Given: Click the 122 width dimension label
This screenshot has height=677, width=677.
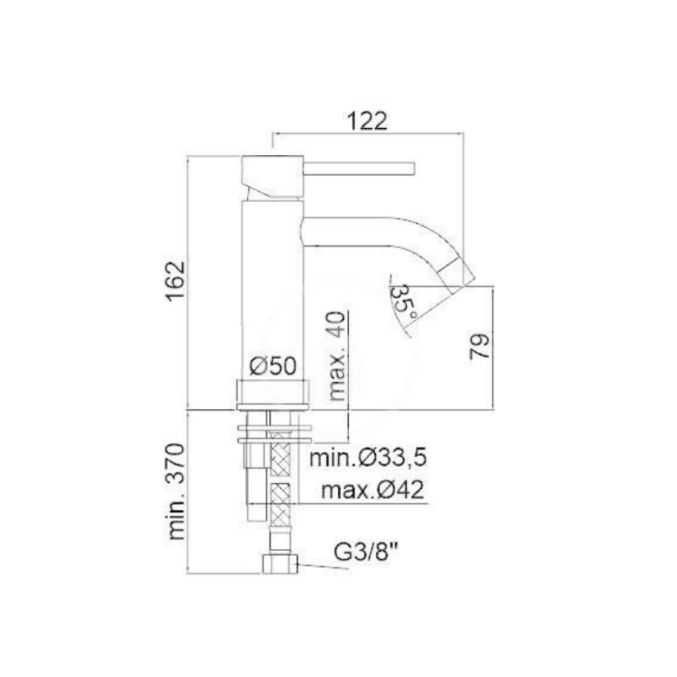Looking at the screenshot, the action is (367, 122).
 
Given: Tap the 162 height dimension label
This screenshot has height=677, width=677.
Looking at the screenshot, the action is (176, 281).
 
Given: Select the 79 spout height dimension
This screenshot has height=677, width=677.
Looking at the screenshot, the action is (479, 346).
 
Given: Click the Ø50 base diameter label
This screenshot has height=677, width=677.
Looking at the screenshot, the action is (273, 366).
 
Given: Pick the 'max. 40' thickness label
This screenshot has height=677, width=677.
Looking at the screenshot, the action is (337, 356).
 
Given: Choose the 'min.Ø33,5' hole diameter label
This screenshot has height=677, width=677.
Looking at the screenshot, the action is (369, 457).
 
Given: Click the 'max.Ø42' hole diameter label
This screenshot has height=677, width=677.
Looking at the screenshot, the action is (373, 490).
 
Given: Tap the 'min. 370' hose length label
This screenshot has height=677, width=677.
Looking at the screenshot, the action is (176, 491).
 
